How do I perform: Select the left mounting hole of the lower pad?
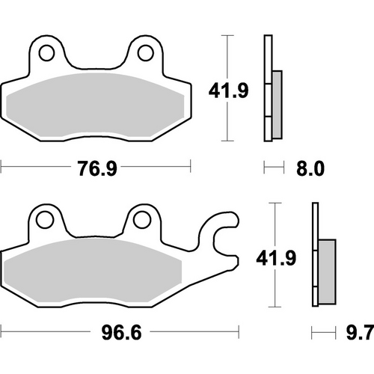(43, 220)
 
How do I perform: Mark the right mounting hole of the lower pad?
(141, 220)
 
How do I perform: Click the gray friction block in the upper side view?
(276, 105)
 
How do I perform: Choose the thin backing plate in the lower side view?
(315, 258)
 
